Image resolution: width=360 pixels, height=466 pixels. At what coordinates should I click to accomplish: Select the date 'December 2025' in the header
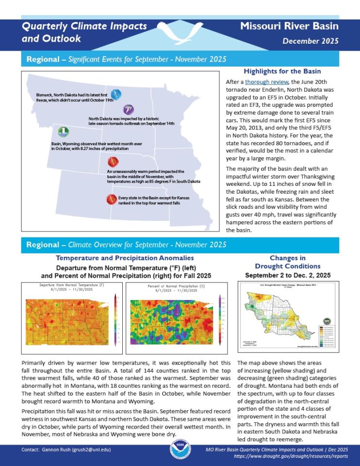(311, 41)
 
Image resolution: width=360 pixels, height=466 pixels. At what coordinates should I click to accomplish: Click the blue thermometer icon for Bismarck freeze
(116, 94)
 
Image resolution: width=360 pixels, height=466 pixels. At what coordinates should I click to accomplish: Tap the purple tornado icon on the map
(129, 109)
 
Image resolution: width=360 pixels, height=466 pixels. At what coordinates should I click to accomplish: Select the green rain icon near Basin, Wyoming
(63, 132)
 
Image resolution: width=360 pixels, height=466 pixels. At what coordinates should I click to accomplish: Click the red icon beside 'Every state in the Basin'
(111, 199)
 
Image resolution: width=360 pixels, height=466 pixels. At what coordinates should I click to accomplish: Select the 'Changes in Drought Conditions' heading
(288, 262)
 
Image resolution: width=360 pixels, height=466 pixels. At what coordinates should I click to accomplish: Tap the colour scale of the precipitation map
(220, 320)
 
